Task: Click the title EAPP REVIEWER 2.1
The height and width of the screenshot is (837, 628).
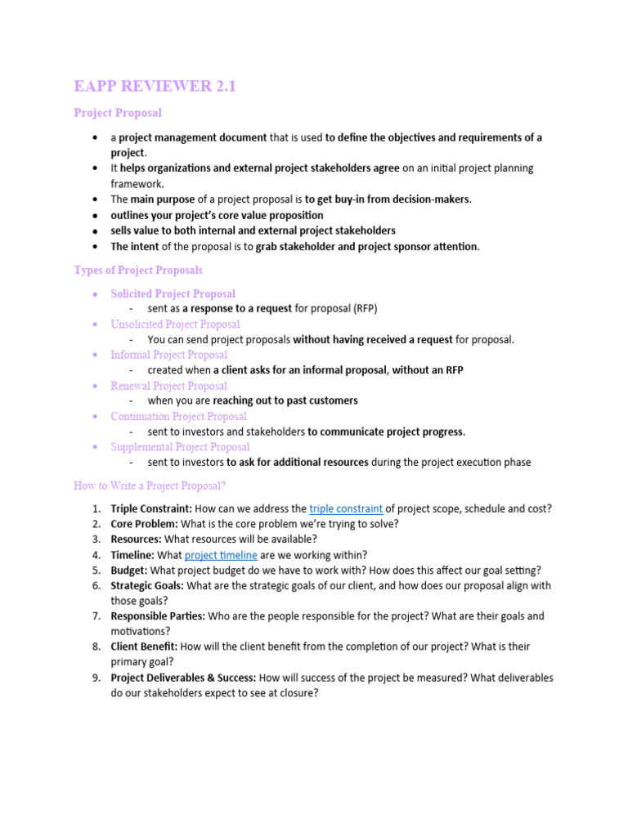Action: [155, 86]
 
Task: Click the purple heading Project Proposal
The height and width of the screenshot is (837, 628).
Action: [118, 113]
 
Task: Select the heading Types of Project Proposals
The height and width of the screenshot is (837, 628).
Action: [138, 270]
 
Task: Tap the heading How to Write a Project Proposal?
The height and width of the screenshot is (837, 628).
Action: [150, 486]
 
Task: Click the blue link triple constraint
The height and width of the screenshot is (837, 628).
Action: [346, 508]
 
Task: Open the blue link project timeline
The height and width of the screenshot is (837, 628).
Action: [221, 555]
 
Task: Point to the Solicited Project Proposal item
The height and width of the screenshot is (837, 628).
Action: [173, 293]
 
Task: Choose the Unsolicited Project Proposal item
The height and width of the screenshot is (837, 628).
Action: [175, 325]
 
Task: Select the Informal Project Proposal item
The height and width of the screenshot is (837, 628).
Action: [168, 355]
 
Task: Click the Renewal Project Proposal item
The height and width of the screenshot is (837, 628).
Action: [168, 386]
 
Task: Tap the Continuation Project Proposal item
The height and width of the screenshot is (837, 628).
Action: [178, 416]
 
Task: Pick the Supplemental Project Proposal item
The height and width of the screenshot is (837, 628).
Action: [180, 447]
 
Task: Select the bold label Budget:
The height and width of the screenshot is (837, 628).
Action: [129, 571]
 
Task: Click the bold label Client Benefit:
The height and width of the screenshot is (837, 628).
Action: [144, 647]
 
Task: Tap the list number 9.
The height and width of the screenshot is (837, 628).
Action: [95, 678]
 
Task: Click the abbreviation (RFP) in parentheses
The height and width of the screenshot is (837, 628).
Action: [365, 308]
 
